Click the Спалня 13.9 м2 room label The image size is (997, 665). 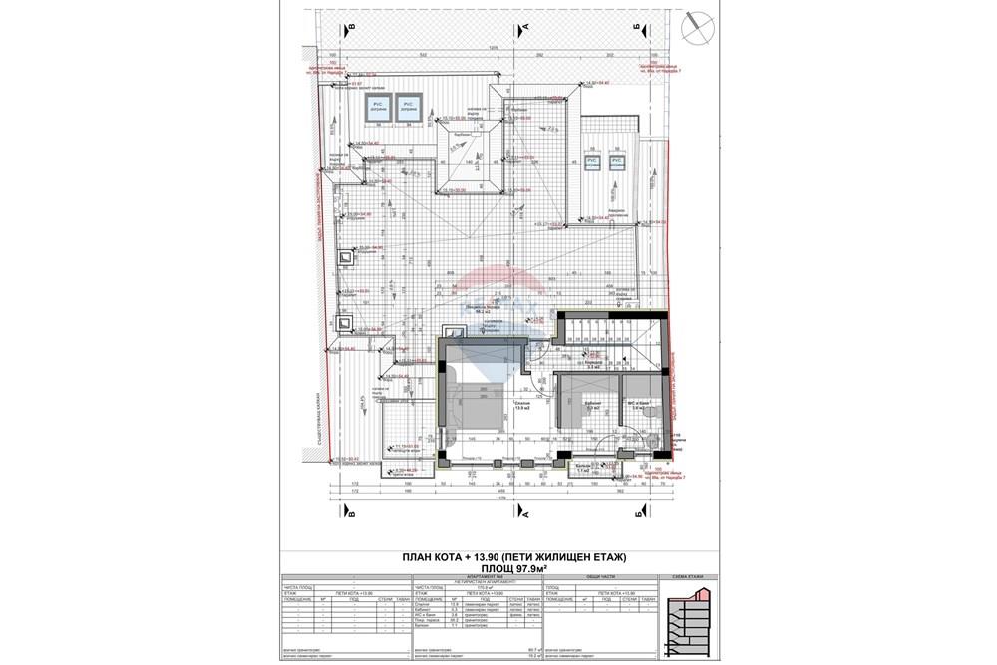coord(522,405)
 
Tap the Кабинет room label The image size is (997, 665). coord(592,406)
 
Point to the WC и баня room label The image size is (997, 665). coord(642,406)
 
